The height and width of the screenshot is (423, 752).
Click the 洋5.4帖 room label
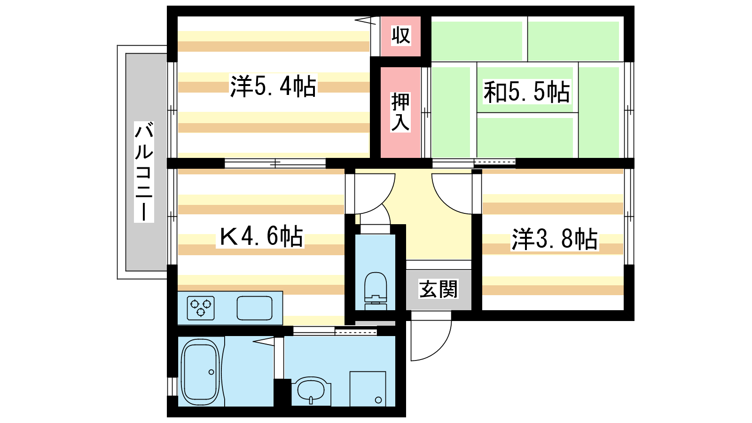(273, 86)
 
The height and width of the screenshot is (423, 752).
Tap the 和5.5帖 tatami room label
(526, 92)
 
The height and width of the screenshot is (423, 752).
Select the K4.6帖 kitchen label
(260, 236)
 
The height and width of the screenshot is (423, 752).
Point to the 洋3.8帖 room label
(554, 239)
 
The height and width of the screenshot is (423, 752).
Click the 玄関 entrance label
(438, 289)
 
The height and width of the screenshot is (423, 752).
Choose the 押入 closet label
(400, 112)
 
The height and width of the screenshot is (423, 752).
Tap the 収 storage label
(401, 35)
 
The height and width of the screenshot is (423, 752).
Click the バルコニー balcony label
(144, 172)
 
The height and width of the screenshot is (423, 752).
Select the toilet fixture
(376, 291)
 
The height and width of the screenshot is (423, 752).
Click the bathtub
(200, 372)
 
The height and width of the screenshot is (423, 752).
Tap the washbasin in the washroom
(311, 391)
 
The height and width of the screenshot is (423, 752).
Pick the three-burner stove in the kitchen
(201, 308)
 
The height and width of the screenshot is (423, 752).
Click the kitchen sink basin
(254, 308)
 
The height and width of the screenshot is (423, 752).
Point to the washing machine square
(368, 389)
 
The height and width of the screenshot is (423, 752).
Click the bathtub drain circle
(211, 372)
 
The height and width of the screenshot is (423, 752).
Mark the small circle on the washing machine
(378, 400)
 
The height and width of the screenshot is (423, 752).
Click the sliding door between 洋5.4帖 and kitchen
(275, 164)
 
